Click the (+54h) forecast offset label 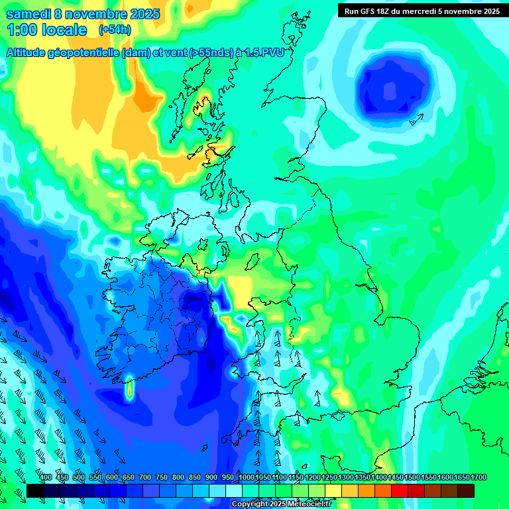click(x=115, y=30)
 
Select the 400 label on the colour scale click(x=45, y=477)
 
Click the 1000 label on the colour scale click(x=246, y=477)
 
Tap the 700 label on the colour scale click(x=145, y=477)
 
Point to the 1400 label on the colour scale click(x=379, y=477)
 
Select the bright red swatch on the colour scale click(x=400, y=490)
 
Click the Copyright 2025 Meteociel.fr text click(x=282, y=504)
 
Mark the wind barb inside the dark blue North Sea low click(x=416, y=119)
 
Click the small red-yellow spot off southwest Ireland click(x=129, y=390)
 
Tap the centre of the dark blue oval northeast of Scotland click(x=393, y=84)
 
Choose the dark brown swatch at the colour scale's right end click(x=466, y=490)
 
